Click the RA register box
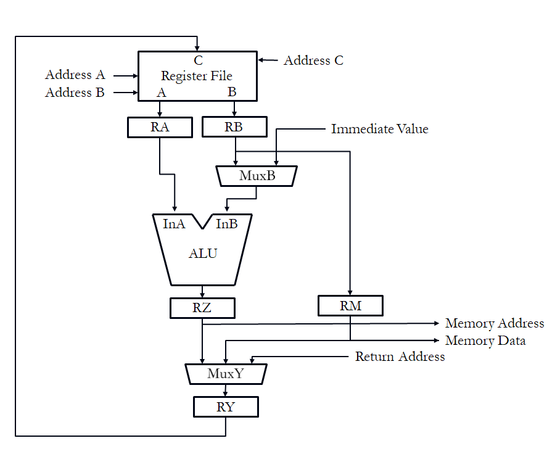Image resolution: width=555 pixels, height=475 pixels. [x=160, y=127]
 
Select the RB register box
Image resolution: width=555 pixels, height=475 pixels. [x=234, y=127]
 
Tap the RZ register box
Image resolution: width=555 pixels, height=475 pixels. [x=202, y=308]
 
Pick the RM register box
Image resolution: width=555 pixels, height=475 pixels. [x=350, y=306]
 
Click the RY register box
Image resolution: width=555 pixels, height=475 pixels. [x=226, y=407]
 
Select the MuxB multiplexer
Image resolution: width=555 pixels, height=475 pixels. [x=257, y=176]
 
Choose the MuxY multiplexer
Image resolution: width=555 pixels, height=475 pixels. [x=226, y=373]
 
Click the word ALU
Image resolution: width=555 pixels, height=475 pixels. [x=203, y=254]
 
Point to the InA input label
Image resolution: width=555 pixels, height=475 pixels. [x=174, y=224]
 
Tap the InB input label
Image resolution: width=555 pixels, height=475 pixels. [x=226, y=224]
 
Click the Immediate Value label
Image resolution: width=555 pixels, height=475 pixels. [x=379, y=129]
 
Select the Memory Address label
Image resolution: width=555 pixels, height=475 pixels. [x=495, y=323]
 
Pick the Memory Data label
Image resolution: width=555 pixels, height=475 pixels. [x=485, y=341]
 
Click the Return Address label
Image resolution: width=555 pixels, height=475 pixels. [x=400, y=357]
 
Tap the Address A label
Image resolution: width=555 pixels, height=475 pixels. [x=75, y=75]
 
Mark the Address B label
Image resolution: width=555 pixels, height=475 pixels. [x=75, y=93]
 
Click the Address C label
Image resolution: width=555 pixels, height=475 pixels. [x=313, y=60]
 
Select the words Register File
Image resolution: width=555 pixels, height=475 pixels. [x=197, y=76]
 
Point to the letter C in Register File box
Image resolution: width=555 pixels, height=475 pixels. [x=198, y=60]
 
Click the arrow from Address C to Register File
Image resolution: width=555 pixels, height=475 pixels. [x=268, y=60]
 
